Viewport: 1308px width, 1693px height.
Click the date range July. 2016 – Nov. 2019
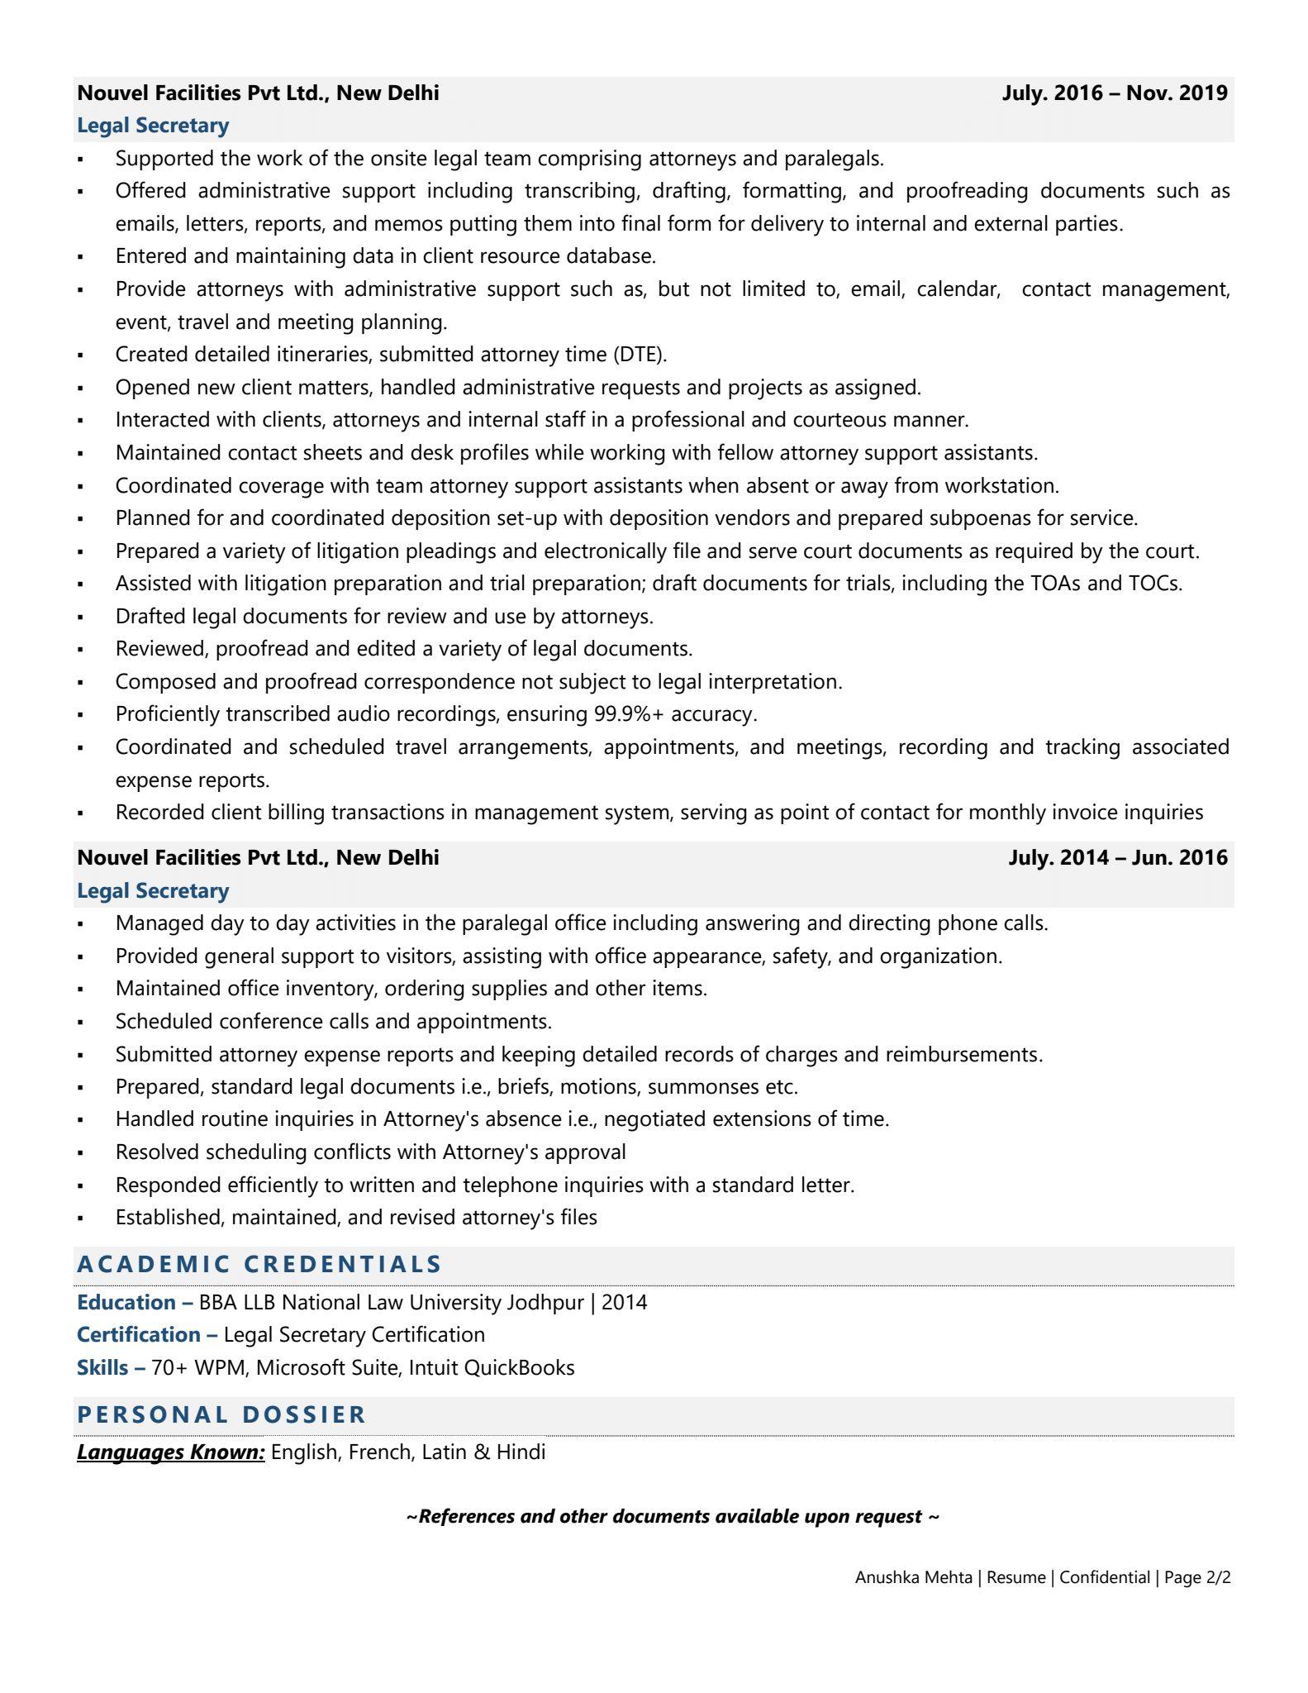point(1115,93)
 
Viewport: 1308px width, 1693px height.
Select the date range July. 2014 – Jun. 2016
point(1117,857)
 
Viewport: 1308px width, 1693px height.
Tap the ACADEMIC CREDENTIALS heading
point(259,1264)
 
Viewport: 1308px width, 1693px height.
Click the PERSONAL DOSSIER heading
point(221,1414)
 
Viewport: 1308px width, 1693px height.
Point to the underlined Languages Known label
point(171,1452)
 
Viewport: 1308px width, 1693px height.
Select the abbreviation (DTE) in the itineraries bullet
point(640,354)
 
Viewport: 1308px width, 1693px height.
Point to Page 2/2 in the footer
point(1197,1577)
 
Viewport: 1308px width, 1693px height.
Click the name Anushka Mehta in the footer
point(913,1577)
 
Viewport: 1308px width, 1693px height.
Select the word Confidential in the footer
point(1104,1577)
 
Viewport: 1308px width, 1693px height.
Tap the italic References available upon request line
point(673,1516)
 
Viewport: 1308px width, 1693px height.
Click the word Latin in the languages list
point(445,1452)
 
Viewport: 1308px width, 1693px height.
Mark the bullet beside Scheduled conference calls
point(80,1023)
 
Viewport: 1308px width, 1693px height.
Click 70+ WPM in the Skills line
point(199,1367)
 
